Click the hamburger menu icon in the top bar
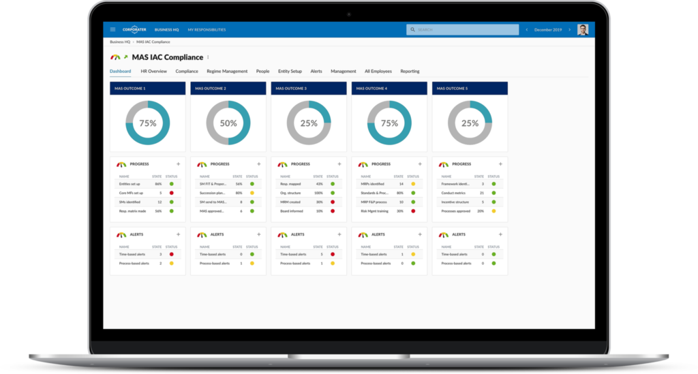click(112, 30)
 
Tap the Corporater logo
click(134, 30)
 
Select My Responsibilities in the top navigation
click(207, 30)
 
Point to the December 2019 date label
click(548, 30)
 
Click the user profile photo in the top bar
click(583, 30)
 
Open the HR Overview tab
click(153, 71)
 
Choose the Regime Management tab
click(227, 71)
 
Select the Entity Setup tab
click(290, 71)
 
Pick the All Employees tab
click(378, 71)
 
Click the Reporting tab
click(410, 71)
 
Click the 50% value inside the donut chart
click(228, 123)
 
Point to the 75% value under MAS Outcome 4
click(389, 123)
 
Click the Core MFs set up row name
click(132, 193)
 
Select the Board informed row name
click(291, 211)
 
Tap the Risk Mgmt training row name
click(374, 211)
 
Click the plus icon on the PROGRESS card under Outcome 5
click(500, 164)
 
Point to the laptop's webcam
click(348, 14)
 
